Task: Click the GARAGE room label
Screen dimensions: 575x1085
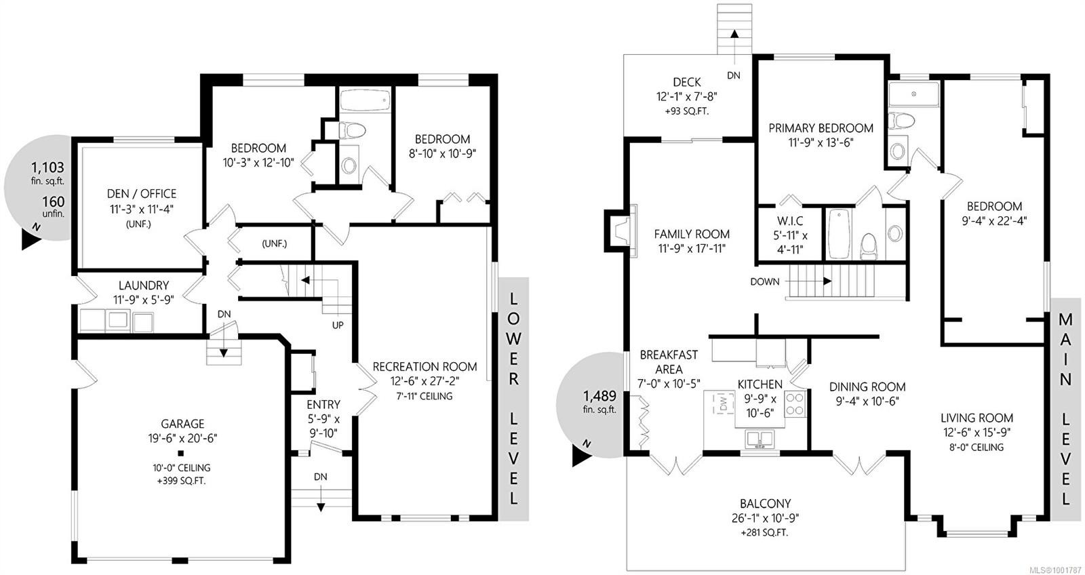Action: pyautogui.click(x=182, y=424)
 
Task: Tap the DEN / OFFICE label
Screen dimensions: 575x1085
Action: pyautogui.click(x=142, y=194)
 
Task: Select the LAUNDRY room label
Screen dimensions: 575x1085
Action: pyautogui.click(x=143, y=285)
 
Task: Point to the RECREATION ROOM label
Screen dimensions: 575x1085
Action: pyautogui.click(x=425, y=367)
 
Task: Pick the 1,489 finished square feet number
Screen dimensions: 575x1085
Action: pyautogui.click(x=599, y=396)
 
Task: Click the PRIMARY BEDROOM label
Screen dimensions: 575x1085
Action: pyautogui.click(x=821, y=128)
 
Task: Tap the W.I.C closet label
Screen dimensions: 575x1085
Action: pyautogui.click(x=789, y=221)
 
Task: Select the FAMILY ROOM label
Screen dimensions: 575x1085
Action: pyautogui.click(x=692, y=234)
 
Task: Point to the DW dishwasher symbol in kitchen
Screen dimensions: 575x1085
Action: pyautogui.click(x=724, y=405)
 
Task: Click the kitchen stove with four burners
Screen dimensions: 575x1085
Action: pyautogui.click(x=795, y=404)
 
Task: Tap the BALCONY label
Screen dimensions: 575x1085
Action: pyautogui.click(x=765, y=504)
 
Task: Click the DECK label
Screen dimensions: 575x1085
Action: pyautogui.click(x=687, y=82)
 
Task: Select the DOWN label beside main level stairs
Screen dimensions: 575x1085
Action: pyautogui.click(x=765, y=281)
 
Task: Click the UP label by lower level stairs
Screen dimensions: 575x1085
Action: pyautogui.click(x=338, y=325)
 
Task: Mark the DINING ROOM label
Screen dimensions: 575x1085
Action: pyautogui.click(x=867, y=387)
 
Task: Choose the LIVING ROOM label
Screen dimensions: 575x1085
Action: pyautogui.click(x=976, y=418)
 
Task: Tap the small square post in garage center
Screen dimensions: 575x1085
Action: pyautogui.click(x=181, y=452)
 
